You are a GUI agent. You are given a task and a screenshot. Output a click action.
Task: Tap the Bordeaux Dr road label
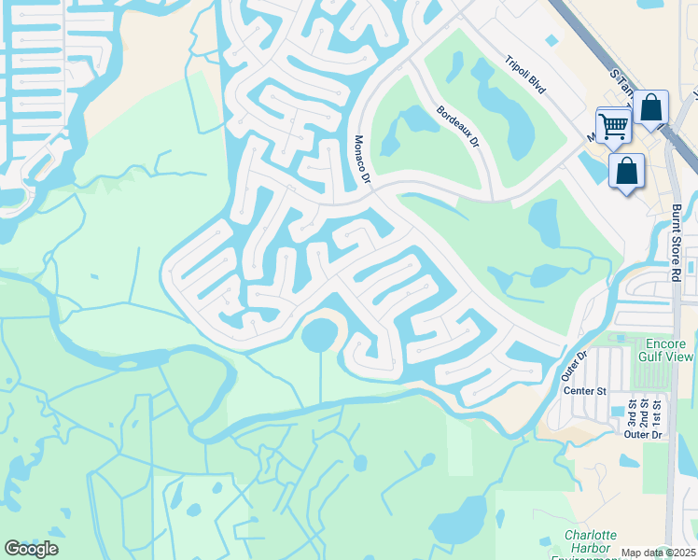tap(457, 128)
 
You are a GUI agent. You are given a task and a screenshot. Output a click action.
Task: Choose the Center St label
tap(585, 390)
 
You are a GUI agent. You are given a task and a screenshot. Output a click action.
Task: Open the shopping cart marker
tap(613, 125)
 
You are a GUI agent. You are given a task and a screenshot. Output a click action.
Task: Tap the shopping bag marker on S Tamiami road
tap(650, 108)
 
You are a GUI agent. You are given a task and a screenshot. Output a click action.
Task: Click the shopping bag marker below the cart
tap(626, 172)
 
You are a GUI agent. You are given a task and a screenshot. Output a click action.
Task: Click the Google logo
tap(32, 549)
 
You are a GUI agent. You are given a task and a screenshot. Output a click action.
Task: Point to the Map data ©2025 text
tap(659, 553)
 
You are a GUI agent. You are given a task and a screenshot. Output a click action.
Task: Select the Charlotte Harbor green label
tap(590, 541)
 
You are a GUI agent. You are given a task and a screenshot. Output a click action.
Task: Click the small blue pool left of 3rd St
tap(616, 412)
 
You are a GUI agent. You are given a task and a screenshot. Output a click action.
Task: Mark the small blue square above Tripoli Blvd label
tap(551, 40)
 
